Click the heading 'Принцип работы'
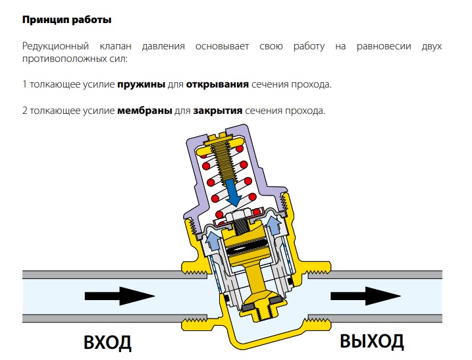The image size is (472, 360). click(x=66, y=20)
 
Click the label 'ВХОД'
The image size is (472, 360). click(x=107, y=343)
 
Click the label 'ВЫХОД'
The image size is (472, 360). click(x=372, y=341)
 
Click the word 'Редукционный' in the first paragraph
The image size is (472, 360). click(x=57, y=47)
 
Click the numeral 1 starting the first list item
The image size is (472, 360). click(x=25, y=85)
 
